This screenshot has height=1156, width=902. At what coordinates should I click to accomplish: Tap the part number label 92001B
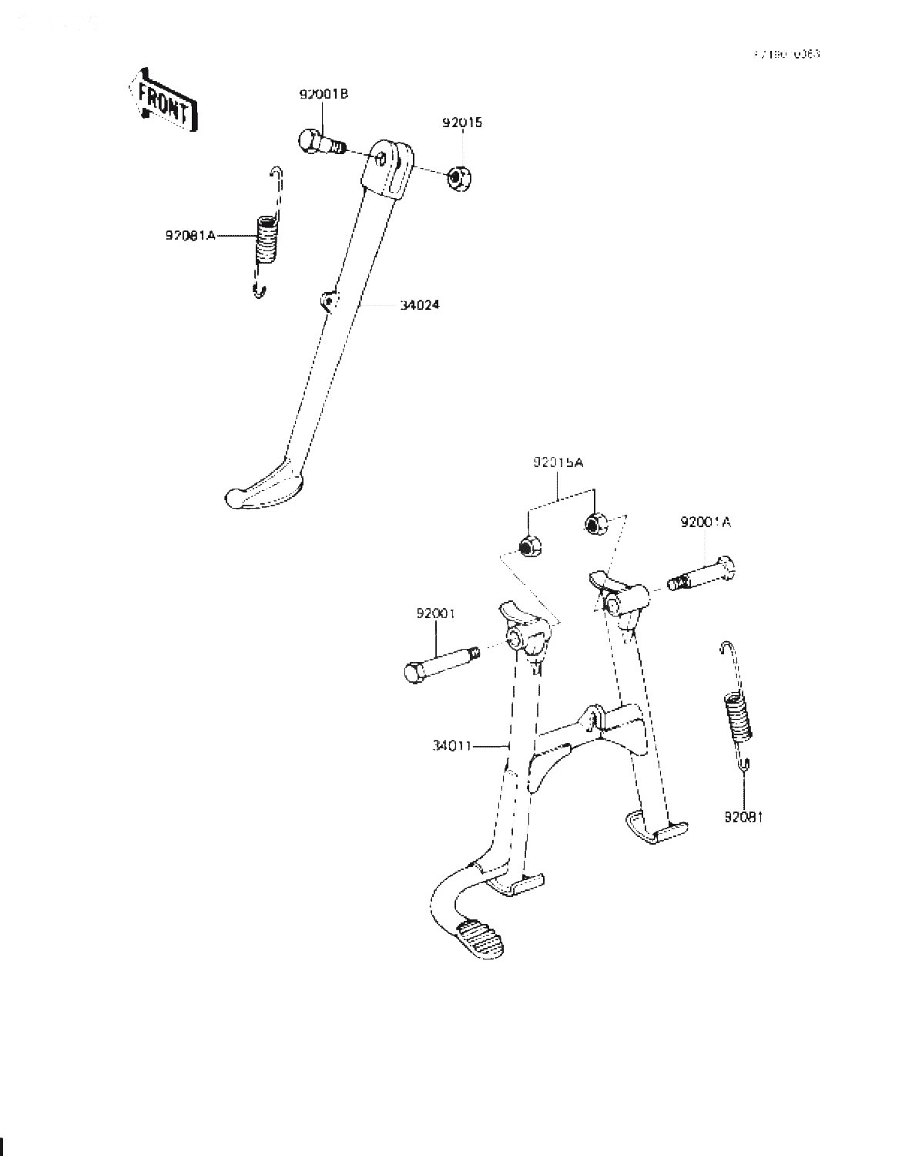point(324,94)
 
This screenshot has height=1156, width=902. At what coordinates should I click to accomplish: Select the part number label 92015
point(462,123)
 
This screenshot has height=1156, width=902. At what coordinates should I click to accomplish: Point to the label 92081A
point(189,235)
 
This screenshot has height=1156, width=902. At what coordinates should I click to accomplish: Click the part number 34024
point(419,305)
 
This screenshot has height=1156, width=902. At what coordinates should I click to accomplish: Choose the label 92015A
point(558,462)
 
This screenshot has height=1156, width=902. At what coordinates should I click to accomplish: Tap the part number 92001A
point(705,522)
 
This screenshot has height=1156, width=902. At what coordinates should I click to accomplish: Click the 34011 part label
point(452,745)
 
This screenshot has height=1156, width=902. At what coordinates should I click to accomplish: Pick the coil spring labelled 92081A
point(267,240)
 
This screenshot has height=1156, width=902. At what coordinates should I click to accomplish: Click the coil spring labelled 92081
point(737,715)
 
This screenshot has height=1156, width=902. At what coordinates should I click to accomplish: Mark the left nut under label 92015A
point(528,547)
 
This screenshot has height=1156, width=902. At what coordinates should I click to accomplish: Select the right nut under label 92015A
point(594,524)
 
